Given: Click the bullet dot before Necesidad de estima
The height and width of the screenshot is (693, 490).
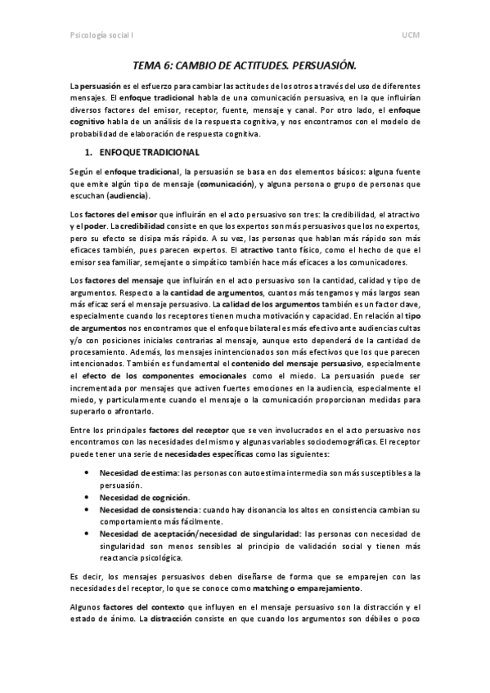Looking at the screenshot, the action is point(87,472).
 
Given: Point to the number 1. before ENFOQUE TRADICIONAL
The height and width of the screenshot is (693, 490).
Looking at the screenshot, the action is point(89,152).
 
